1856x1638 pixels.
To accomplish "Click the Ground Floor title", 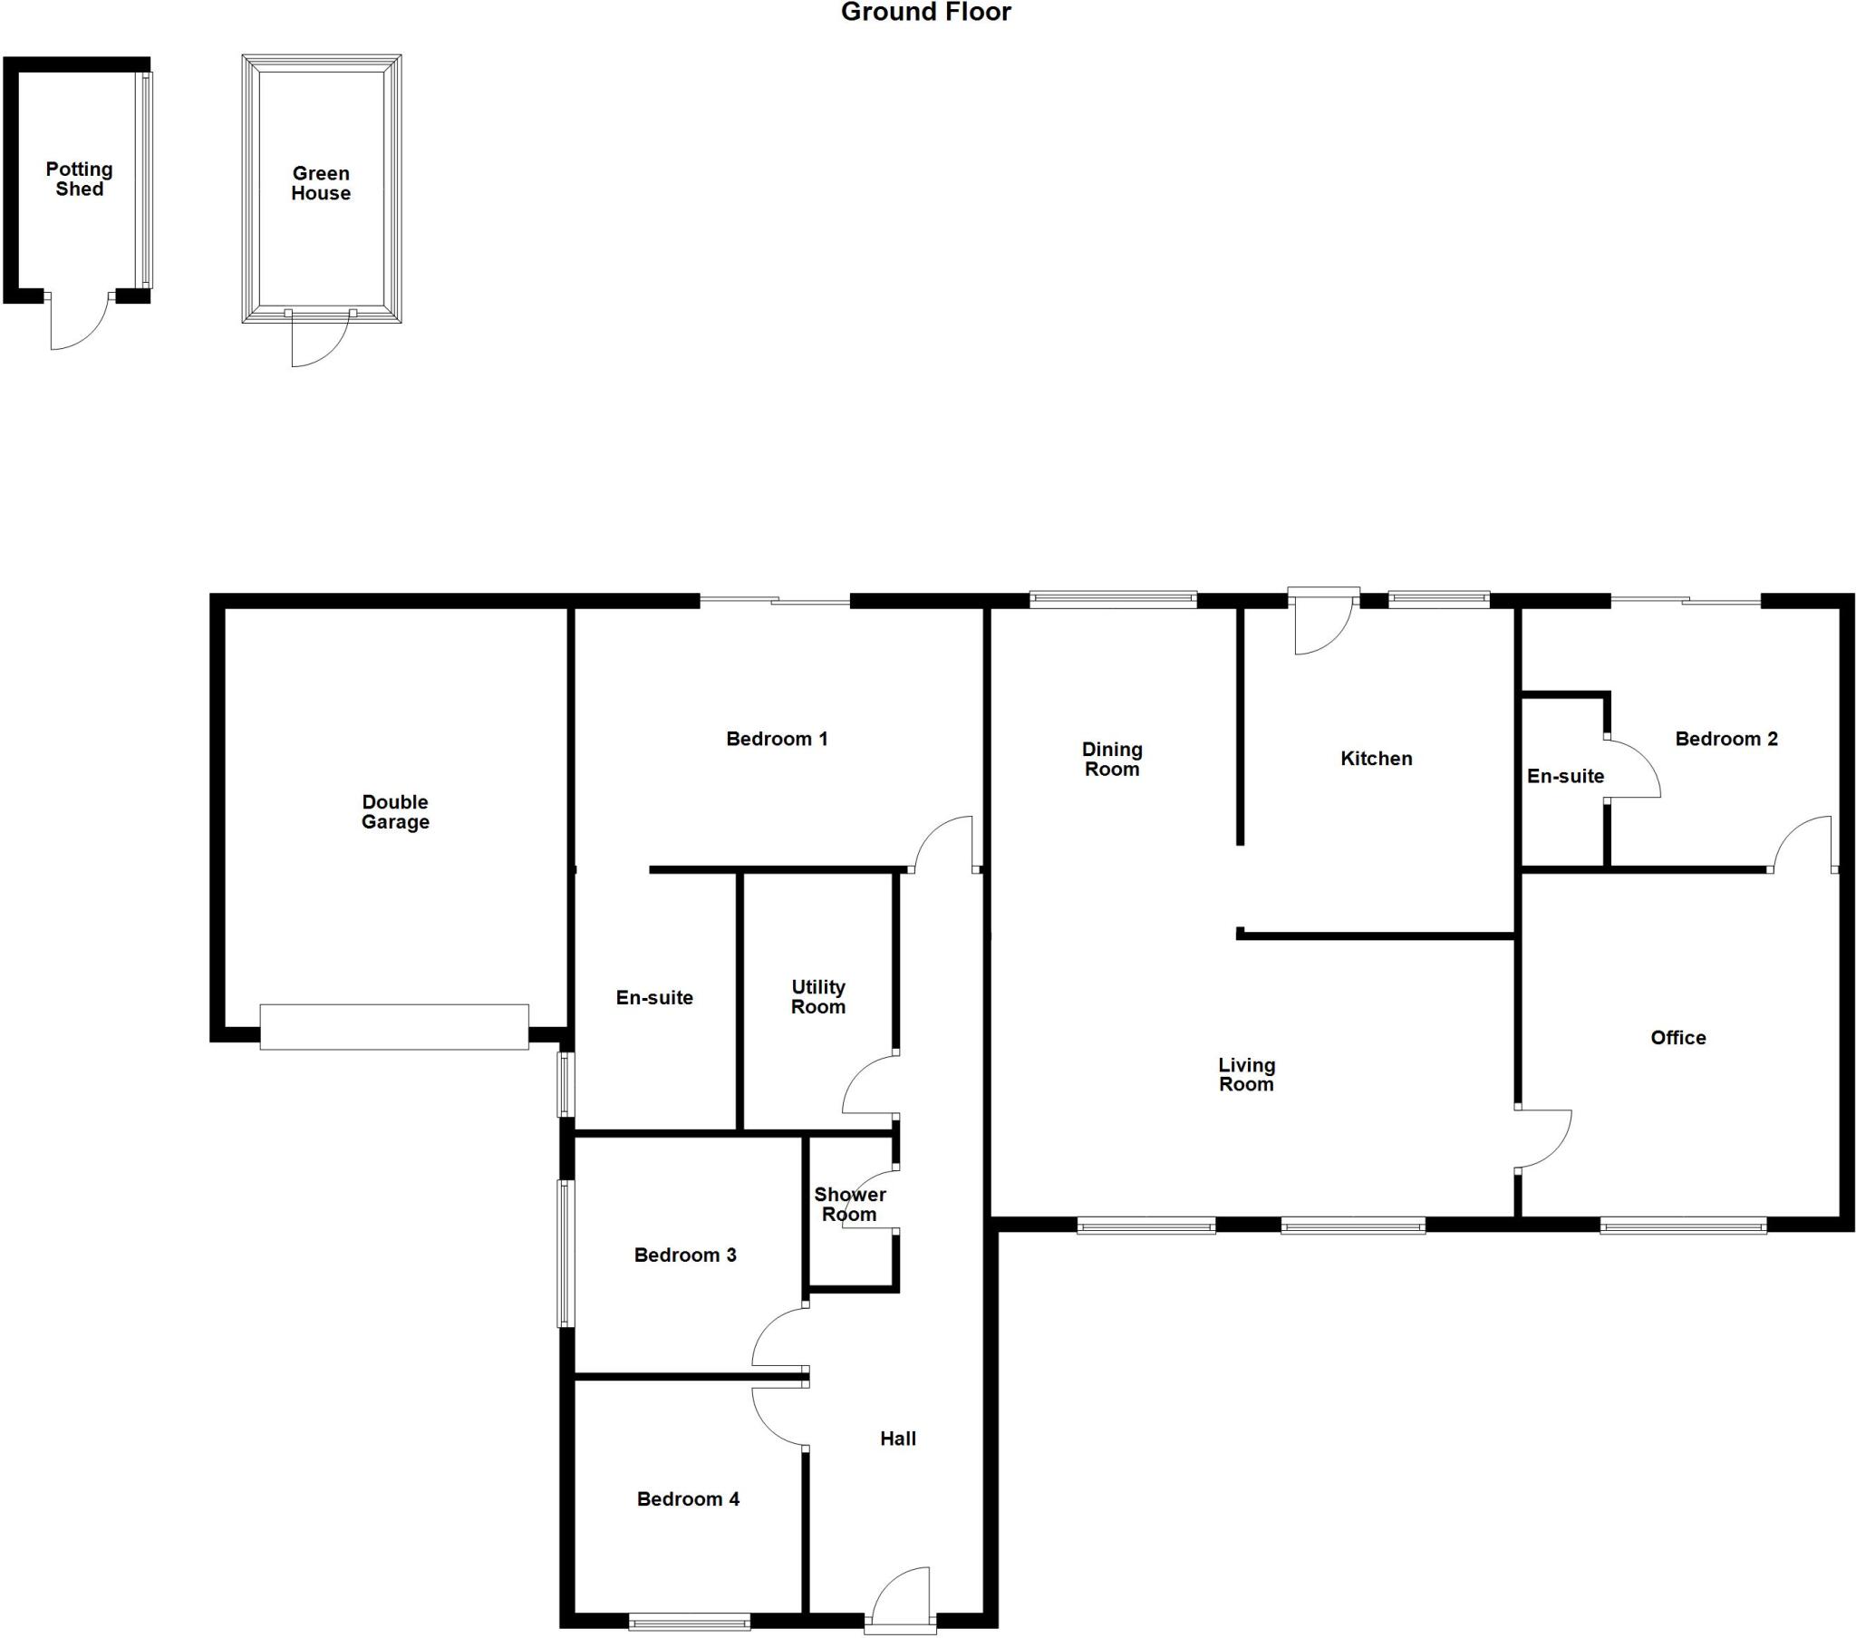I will pos(925,12).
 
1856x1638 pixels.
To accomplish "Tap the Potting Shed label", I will pos(80,179).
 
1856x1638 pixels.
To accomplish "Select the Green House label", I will pos(321,183).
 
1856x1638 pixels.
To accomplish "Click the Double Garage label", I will pos(395,812).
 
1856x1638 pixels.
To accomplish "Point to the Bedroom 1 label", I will pos(777,740).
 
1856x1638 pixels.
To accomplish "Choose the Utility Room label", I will pos(818,996).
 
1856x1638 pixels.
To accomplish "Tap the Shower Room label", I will pos(850,1205).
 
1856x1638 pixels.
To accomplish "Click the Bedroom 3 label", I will pos(684,1255).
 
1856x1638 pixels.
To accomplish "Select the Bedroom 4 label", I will pos(687,1499).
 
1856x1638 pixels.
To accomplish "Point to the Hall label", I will pos(898,1439).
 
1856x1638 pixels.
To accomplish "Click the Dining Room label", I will pos(1111,760).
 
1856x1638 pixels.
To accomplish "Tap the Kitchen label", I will pos(1376,759).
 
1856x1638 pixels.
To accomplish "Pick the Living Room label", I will pos(1246,1075).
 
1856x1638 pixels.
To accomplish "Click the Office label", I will pos(1677,1038).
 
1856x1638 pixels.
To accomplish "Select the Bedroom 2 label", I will pos(1725,740).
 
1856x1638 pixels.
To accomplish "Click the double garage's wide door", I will pos(394,1028).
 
